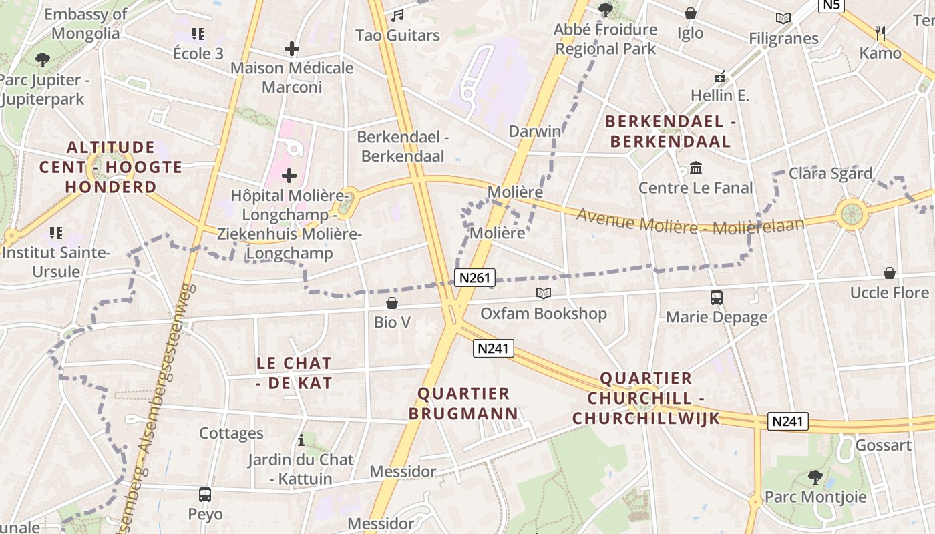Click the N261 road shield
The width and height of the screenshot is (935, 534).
pyautogui.click(x=475, y=278)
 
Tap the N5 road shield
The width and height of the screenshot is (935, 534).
pyautogui.click(x=832, y=6)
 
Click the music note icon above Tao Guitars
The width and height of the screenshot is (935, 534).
pyautogui.click(x=397, y=15)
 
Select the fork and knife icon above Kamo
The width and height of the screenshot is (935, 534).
pyautogui.click(x=880, y=33)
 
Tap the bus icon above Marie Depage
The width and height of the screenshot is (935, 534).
pyautogui.click(x=717, y=298)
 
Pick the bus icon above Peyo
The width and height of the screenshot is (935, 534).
pyautogui.click(x=205, y=495)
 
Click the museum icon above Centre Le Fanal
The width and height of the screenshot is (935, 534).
pyautogui.click(x=696, y=168)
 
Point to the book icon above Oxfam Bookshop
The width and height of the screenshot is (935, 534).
pyautogui.click(x=544, y=294)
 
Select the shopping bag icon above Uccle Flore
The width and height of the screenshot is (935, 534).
pyautogui.click(x=889, y=273)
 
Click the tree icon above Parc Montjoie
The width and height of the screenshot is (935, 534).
pyautogui.click(x=815, y=477)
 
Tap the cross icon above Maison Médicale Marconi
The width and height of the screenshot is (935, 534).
pyautogui.click(x=291, y=49)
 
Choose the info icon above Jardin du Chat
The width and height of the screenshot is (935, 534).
pyautogui.click(x=301, y=441)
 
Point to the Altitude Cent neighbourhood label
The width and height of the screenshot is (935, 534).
pyautogui.click(x=110, y=167)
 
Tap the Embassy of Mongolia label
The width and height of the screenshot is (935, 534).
pyautogui.click(x=85, y=23)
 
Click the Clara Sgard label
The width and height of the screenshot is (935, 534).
pyautogui.click(x=830, y=174)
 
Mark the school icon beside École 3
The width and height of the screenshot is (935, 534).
pyautogui.click(x=198, y=33)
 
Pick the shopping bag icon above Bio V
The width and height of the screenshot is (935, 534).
pyautogui.click(x=392, y=303)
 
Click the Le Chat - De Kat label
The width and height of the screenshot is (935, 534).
pyautogui.click(x=295, y=373)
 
